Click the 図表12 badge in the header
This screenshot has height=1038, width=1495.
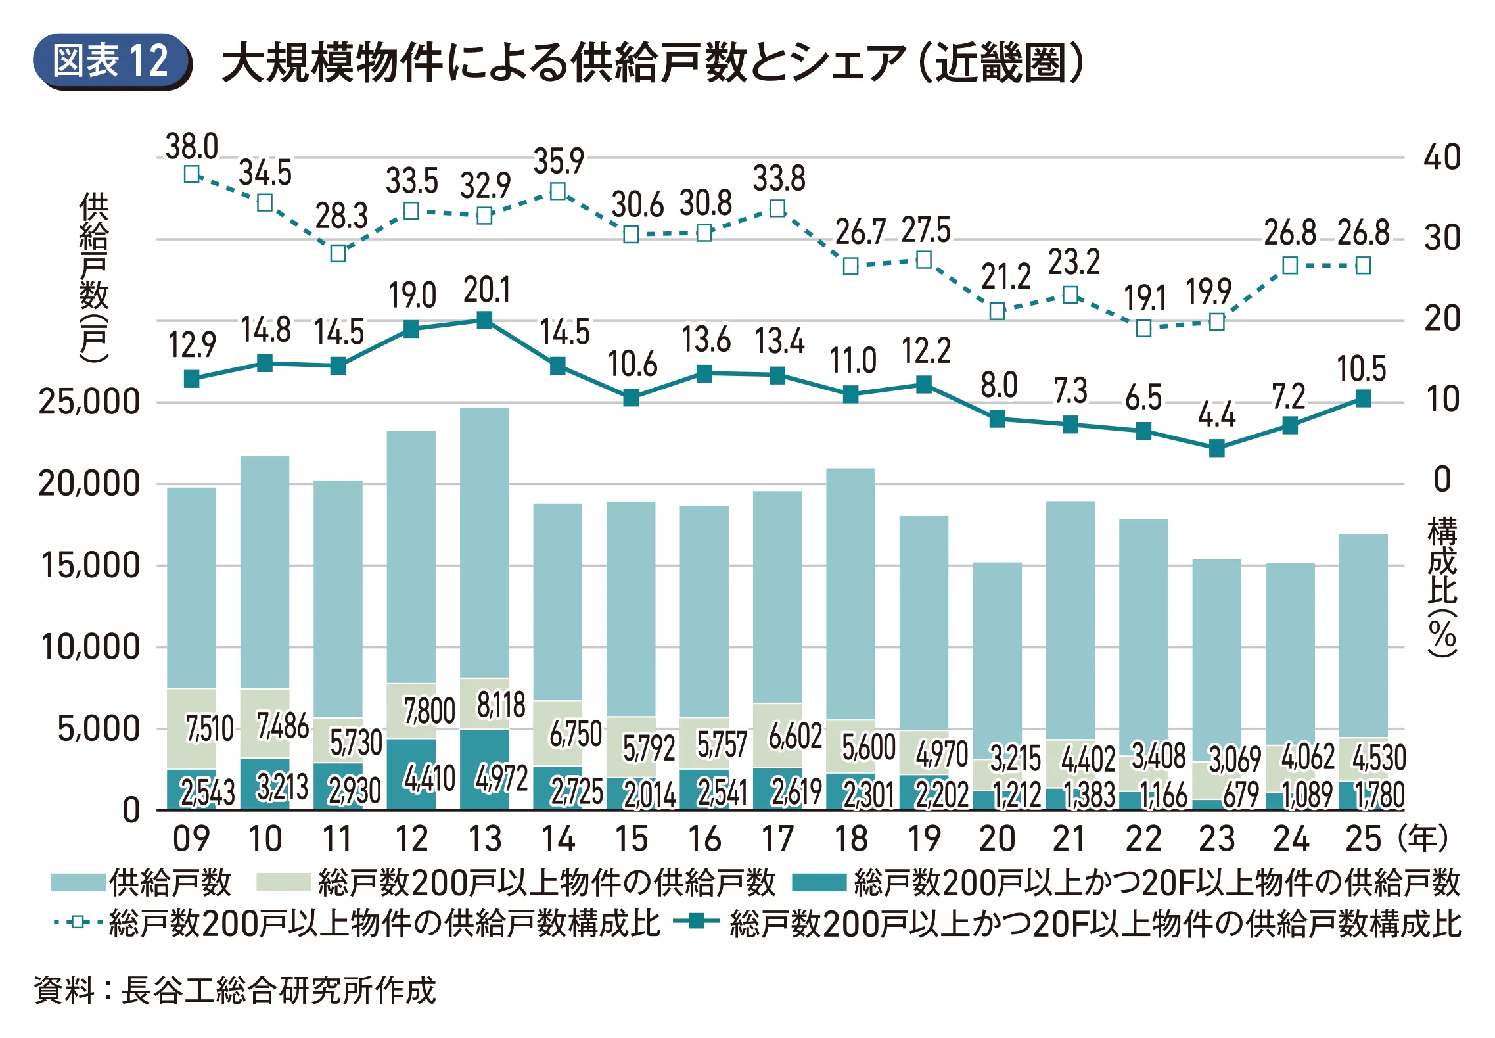(112, 61)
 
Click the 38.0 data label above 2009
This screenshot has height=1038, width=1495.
(192, 147)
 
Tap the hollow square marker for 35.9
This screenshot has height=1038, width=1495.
(558, 191)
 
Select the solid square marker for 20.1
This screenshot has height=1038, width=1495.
(484, 320)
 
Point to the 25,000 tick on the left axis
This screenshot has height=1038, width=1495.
(89, 402)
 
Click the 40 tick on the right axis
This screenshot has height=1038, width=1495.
(1442, 158)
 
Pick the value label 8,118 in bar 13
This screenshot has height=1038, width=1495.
(501, 705)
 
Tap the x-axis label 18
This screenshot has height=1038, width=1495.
(850, 839)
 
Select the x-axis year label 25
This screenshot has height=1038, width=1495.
(1363, 839)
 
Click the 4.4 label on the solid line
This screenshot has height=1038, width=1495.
(1216, 415)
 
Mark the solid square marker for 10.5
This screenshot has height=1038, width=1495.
(1363, 398)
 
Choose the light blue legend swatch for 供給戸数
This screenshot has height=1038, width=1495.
(78, 882)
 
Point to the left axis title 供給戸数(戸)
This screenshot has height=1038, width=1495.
(93, 276)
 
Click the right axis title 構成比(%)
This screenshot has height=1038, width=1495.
(1442, 586)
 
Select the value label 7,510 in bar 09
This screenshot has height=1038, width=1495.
(210, 729)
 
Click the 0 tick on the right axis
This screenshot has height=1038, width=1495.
(1442, 480)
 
